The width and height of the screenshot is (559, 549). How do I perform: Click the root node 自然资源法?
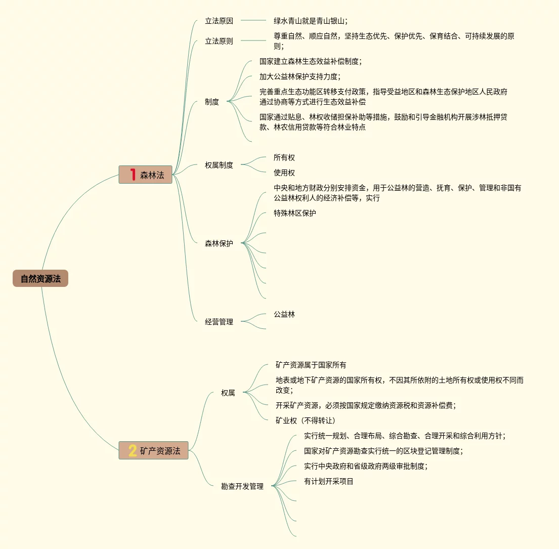tap(40, 279)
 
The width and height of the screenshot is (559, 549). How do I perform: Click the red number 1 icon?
tap(133, 175)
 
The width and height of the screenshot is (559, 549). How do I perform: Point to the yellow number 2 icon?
tap(133, 451)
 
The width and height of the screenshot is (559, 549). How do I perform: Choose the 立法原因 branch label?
tap(219, 21)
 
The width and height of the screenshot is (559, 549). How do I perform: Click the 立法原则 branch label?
tap(219, 41)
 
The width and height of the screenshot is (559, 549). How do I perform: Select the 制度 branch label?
tap(212, 102)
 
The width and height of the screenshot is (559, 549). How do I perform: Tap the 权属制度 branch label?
tap(219, 165)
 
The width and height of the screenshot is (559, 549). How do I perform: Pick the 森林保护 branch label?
tap(219, 243)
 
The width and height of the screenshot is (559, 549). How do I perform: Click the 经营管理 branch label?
tap(219, 322)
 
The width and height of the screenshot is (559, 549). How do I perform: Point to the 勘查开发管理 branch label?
tap(242, 486)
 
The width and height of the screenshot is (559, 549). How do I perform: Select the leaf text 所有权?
tap(284, 157)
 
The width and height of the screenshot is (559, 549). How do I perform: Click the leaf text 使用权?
tap(284, 173)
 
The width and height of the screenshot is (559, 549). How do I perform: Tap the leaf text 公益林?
tap(284, 314)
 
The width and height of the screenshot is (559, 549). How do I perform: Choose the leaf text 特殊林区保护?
tap(295, 213)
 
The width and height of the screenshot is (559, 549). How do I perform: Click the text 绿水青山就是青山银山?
tap(311, 21)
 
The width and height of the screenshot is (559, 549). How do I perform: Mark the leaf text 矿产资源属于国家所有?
tap(311, 365)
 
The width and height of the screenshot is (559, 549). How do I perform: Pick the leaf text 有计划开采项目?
tap(329, 481)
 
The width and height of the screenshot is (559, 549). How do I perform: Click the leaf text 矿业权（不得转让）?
tap(306, 420)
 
